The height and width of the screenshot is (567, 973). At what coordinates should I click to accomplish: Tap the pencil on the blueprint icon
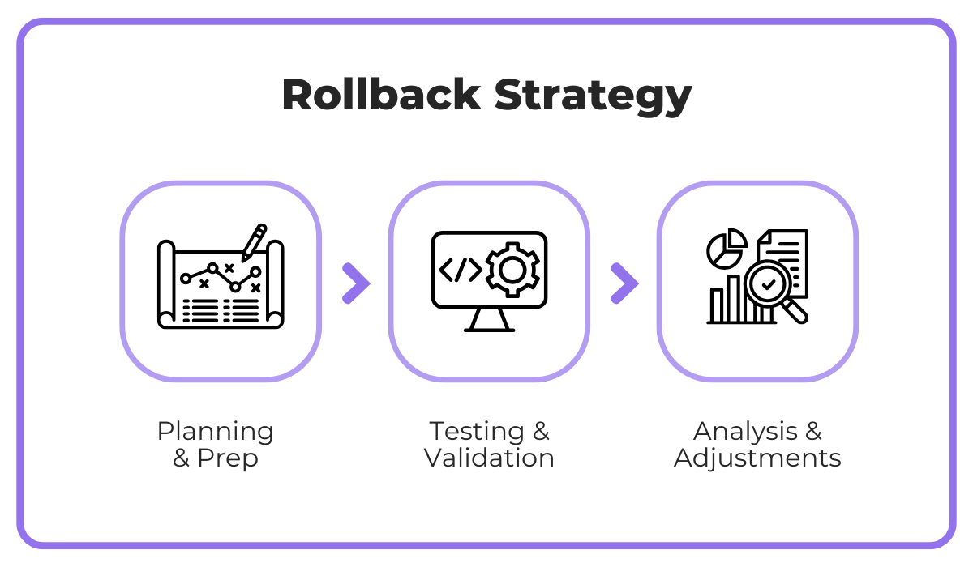pos(255,241)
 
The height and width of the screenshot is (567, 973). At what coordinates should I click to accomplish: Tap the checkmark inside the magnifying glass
pos(768,283)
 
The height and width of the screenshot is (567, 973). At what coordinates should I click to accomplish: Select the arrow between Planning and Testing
pos(356,283)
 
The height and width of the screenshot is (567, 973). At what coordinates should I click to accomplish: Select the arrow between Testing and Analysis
pos(624,283)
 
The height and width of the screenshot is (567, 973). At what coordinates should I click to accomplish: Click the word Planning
pos(215,432)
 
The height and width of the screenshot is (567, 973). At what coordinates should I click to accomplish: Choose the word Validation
pos(489,458)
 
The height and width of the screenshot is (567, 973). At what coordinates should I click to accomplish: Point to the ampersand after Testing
pos(540,431)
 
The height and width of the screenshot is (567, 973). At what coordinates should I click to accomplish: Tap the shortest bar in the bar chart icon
pos(717,305)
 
